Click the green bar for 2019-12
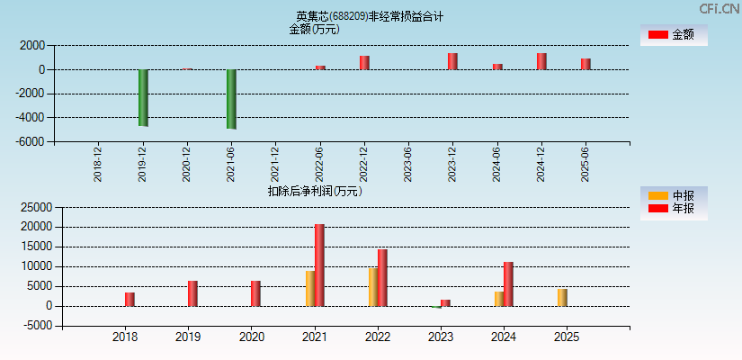pos(143,97)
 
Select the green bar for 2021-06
pos(231,99)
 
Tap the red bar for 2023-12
pos(452,61)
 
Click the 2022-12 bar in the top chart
pos(364,63)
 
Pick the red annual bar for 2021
pos(319,265)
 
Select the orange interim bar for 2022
pos(372,286)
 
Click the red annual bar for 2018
pos(130,299)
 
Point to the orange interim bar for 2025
pos(562,297)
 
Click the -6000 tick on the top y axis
pos(31,141)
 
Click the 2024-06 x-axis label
pos(496,165)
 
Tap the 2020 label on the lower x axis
pos(252,337)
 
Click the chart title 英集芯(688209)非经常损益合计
pos(370,16)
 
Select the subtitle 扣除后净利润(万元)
pos(315,191)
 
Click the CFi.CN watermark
pos(720,9)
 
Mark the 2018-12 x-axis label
pos(98,165)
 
